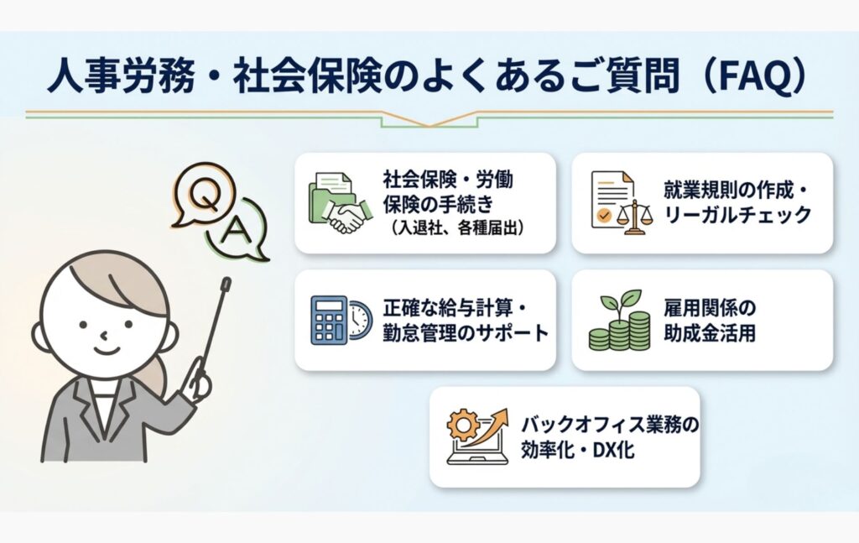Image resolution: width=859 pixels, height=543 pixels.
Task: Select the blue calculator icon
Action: pos(329,321)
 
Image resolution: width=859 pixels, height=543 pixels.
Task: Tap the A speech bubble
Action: pos(237,230)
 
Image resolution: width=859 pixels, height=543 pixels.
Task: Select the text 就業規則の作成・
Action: pos(736,191)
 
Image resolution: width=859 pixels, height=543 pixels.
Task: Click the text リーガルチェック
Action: pos(737,216)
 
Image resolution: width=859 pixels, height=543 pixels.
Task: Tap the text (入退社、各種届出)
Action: pos(457,227)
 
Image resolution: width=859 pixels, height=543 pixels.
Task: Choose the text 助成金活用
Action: pos(710,332)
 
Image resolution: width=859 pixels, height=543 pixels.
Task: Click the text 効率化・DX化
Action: pos(577,450)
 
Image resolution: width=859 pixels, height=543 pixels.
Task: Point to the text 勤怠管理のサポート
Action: pos(466,332)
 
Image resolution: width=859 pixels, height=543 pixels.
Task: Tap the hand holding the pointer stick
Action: pos(198,382)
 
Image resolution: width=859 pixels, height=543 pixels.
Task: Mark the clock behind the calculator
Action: pos(359,320)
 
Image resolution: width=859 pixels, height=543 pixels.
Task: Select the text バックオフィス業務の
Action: pos(610,425)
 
